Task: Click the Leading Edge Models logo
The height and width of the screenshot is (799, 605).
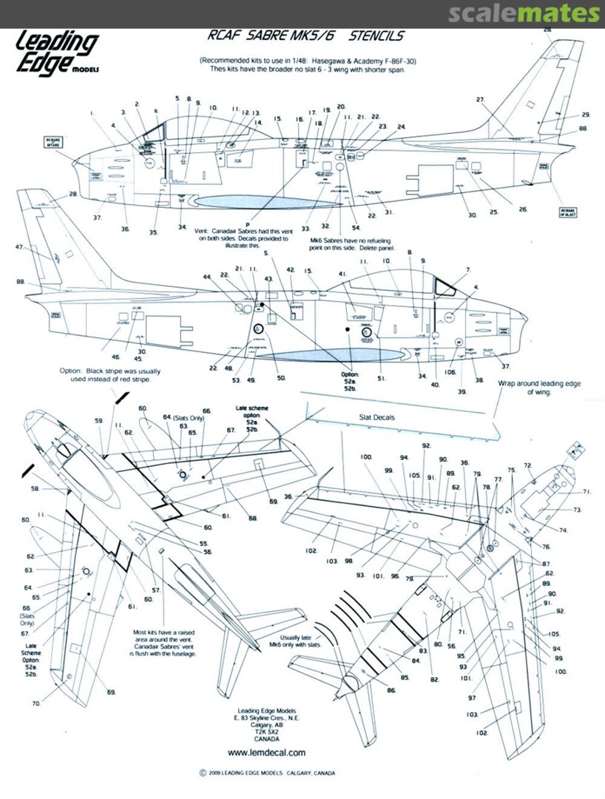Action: point(57,53)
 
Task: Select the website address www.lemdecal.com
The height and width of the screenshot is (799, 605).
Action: point(266,752)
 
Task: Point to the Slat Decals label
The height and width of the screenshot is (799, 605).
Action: point(377,417)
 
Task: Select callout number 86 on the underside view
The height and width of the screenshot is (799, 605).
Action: point(391,690)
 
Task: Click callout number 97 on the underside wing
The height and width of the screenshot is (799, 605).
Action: point(472,698)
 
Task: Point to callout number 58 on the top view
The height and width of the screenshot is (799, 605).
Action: point(34,488)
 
